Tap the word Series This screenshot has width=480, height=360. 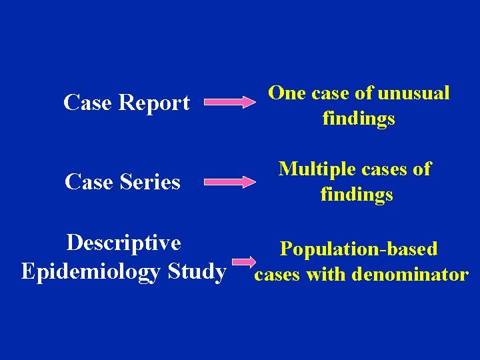tap(150, 181)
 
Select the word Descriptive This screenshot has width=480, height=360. tap(123, 242)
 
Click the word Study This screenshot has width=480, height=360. tap(197, 271)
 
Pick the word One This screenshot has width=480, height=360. tap(287, 93)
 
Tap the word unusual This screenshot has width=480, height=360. tap(413, 93)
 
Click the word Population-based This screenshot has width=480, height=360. tap(359, 249)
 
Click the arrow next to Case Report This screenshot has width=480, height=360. tap(229, 103)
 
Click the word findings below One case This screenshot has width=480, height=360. tap(358, 119)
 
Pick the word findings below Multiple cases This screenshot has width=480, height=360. tap(357, 195)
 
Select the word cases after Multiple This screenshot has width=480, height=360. tap(383, 169)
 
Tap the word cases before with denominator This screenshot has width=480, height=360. tap(278, 274)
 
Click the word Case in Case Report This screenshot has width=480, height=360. tap(88, 103)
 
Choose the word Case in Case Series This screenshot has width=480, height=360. tap(89, 181)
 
